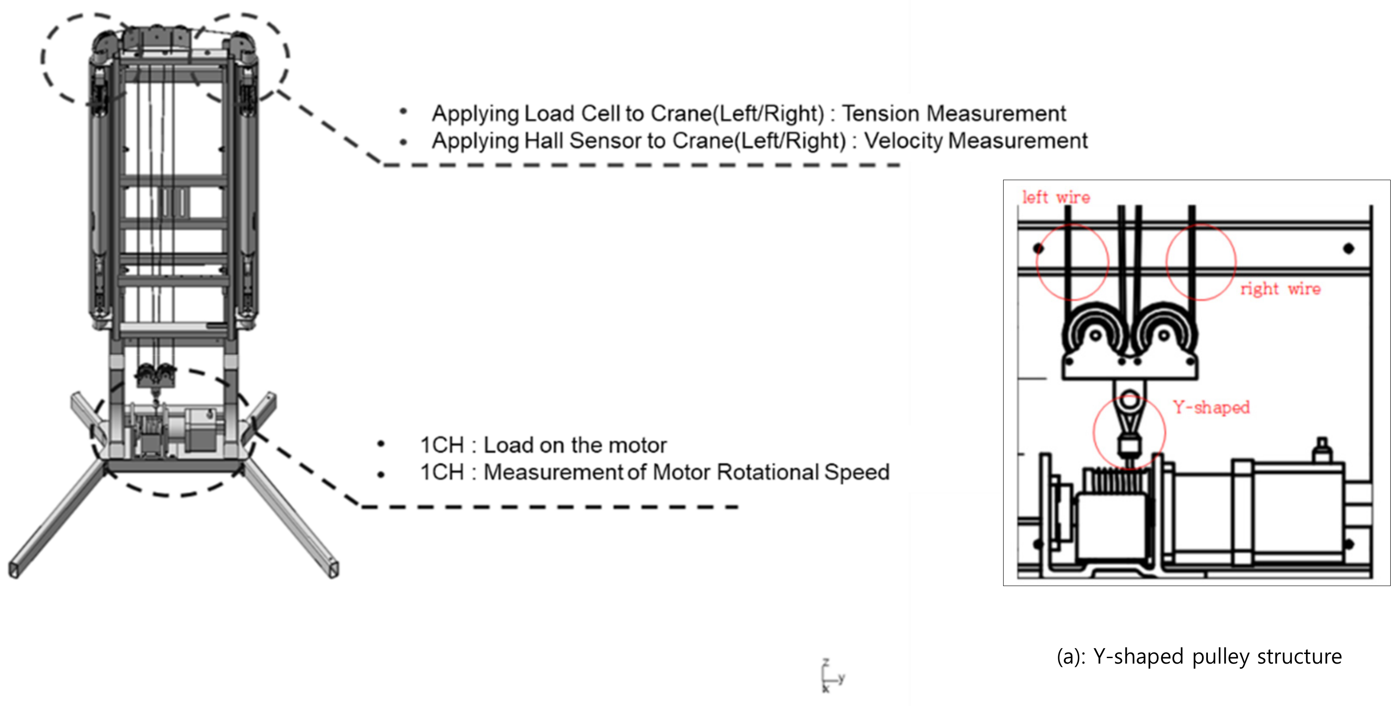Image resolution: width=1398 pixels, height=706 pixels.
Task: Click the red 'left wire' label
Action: [x=1056, y=197]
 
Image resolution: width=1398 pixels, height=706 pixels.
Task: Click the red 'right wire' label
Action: [x=1280, y=289]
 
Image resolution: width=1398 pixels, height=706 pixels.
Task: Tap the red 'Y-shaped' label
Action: [x=1211, y=407]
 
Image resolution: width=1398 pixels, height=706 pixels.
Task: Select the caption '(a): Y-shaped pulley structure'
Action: [x=1199, y=656]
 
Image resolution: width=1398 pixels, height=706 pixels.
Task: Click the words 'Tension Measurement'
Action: [x=953, y=114]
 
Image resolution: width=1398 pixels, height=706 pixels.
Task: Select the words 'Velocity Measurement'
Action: [x=975, y=140]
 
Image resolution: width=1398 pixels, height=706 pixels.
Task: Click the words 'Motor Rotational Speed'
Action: [x=771, y=472]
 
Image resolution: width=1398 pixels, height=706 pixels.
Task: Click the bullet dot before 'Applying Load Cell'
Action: [x=403, y=112]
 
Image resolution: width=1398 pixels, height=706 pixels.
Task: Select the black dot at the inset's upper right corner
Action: [x=1349, y=249]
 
